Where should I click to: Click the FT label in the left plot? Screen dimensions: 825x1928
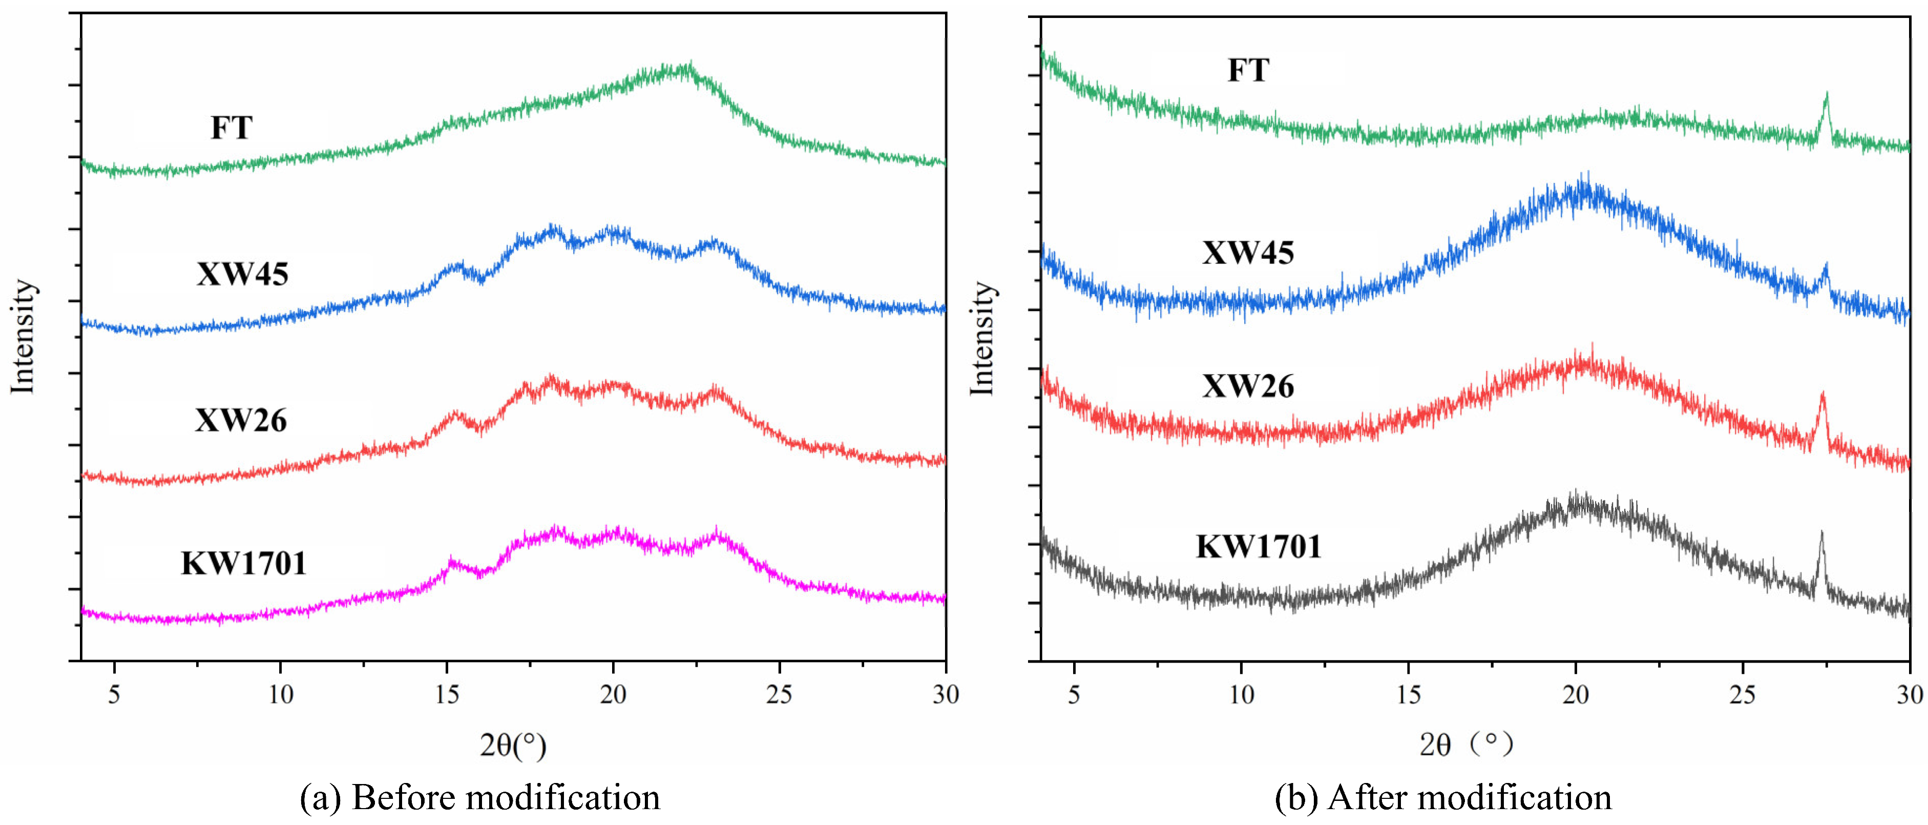tap(232, 128)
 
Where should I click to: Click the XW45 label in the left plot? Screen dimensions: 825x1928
tap(242, 274)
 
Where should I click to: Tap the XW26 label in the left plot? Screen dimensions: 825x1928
tap(241, 420)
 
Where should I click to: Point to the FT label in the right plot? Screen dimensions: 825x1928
tap(1248, 70)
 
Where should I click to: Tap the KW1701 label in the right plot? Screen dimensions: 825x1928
tap(1259, 547)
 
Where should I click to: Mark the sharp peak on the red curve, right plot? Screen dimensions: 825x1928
tap(1822, 395)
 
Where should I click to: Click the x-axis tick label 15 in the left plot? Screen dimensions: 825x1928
tap(447, 695)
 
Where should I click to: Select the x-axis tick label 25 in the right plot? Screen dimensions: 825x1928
tap(1743, 695)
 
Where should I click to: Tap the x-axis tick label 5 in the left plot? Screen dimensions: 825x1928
tap(114, 695)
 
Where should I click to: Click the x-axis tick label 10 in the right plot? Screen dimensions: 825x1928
tap(1242, 695)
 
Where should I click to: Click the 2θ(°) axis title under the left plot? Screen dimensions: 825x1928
tap(513, 745)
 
